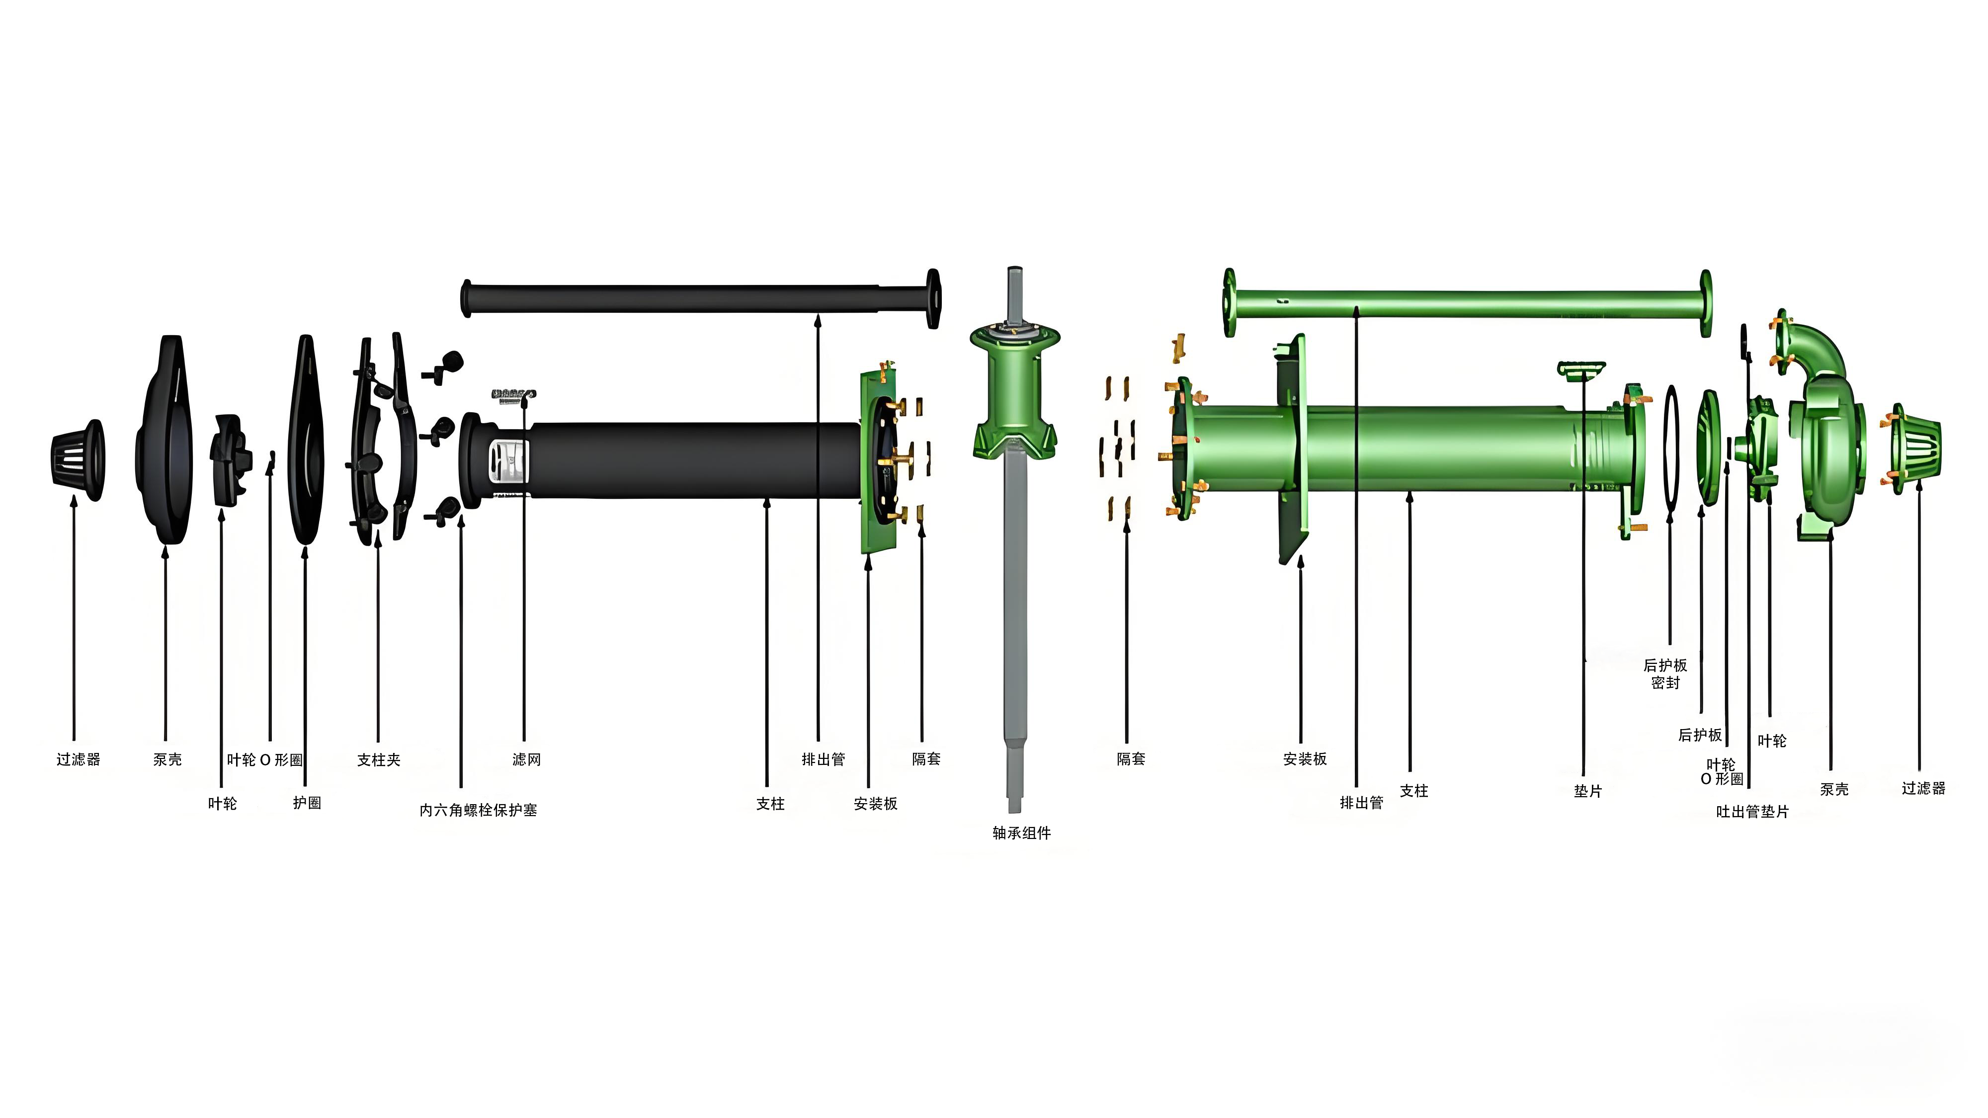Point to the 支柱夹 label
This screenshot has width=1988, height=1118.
pyautogui.click(x=379, y=760)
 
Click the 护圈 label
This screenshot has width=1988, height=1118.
pyautogui.click(x=306, y=803)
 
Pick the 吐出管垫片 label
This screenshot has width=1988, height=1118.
pyautogui.click(x=1752, y=812)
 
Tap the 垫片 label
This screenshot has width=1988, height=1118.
pyautogui.click(x=1587, y=791)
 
